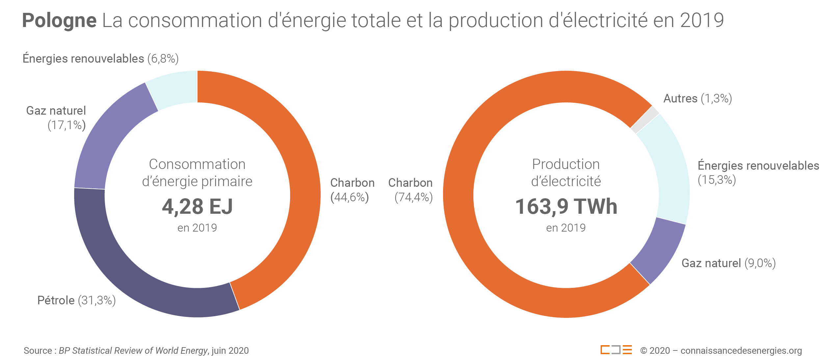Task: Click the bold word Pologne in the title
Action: pos(59,20)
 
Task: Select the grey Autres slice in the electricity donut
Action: pos(645,120)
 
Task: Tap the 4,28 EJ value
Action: pos(197,207)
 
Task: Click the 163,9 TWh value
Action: pos(566,207)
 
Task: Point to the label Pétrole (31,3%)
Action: pos(76,300)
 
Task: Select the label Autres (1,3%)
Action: pos(697,98)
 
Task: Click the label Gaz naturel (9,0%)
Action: pos(728,263)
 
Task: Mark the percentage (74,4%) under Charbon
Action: pos(413,197)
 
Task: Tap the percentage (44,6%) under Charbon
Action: pos(350,197)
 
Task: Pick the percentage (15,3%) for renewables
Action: pos(717,180)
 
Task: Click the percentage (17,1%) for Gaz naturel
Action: pos(66,125)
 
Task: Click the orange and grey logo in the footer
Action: pos(616,350)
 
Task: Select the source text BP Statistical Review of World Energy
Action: pos(133,351)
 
